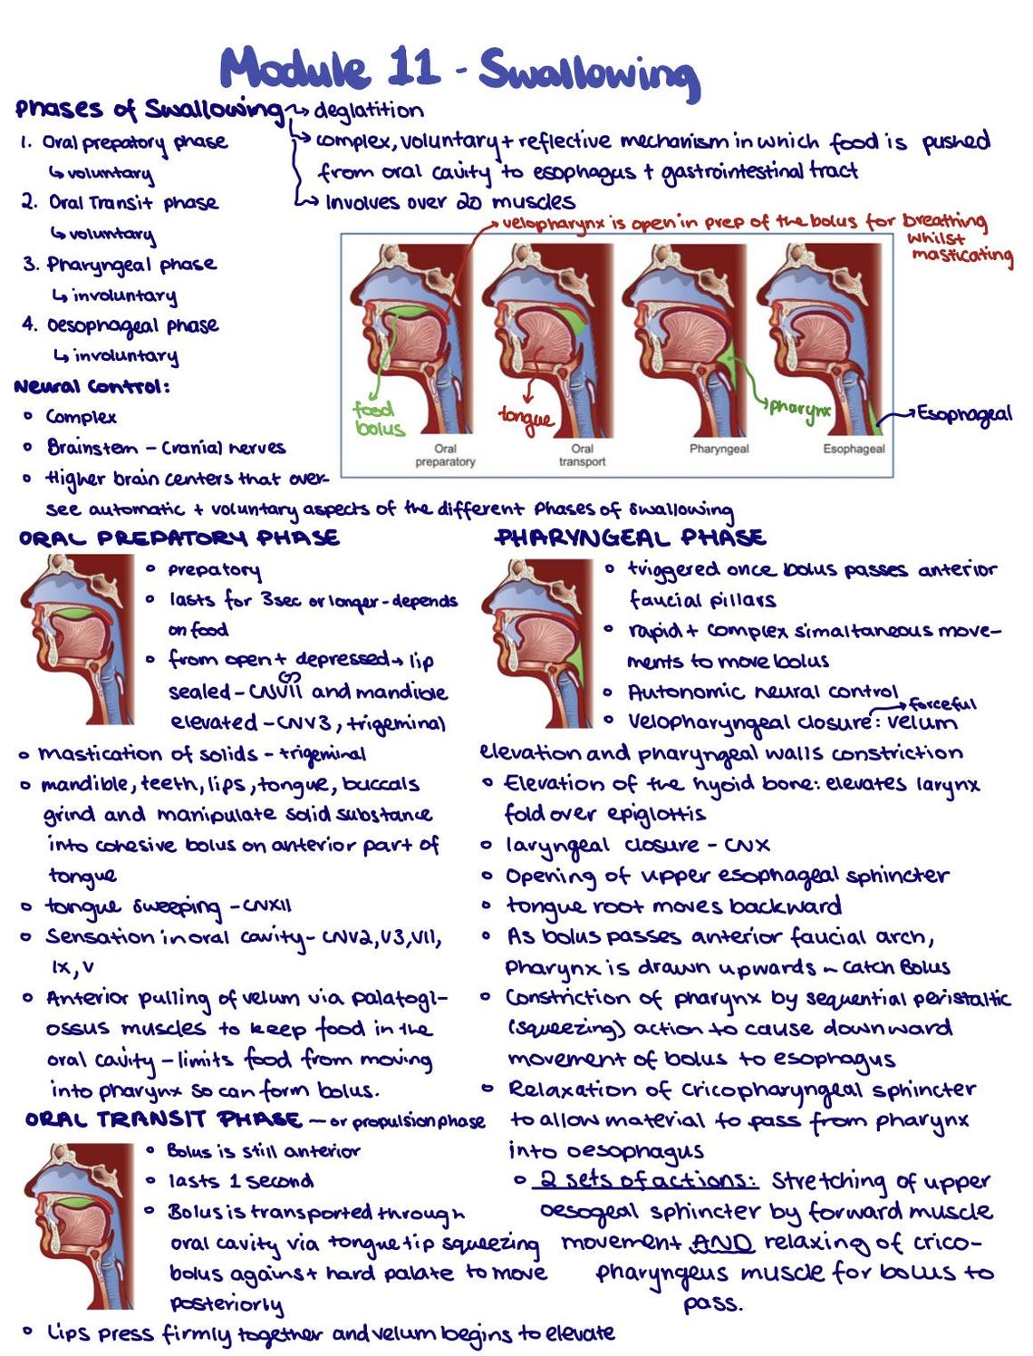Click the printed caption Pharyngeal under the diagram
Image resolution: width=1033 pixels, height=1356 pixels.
pos(719,449)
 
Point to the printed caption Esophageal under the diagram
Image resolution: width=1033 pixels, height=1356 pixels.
pos(854,449)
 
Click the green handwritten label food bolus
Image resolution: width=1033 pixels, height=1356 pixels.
pos(380,420)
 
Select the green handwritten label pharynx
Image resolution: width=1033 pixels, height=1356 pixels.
pos(799,408)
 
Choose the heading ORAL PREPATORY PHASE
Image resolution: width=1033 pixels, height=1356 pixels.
pos(179,538)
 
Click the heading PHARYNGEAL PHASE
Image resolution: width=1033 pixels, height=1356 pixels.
pos(631,538)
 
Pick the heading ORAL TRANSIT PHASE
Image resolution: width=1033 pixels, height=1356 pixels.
pos(163,1119)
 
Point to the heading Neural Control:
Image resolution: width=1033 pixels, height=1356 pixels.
pos(92,387)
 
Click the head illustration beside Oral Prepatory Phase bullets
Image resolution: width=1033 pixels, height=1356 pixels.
pos(78,638)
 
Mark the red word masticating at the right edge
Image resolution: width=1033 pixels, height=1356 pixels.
pos(961,255)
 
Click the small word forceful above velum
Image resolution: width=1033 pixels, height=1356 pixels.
pos(942,704)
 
